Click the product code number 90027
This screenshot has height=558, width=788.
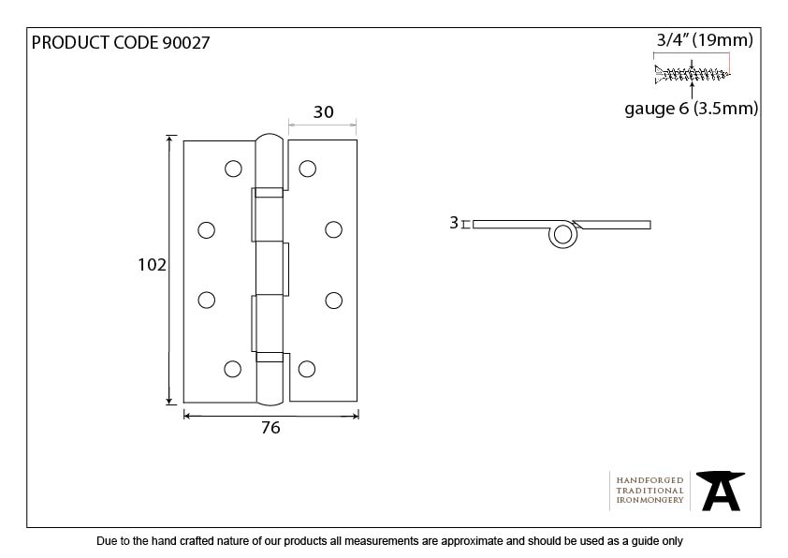(x=186, y=43)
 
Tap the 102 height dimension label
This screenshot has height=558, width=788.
(x=152, y=264)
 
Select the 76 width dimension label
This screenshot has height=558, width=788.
(x=270, y=428)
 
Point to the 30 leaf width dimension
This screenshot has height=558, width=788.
(x=323, y=112)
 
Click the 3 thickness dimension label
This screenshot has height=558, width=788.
(x=454, y=223)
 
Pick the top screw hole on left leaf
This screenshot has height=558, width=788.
(x=233, y=169)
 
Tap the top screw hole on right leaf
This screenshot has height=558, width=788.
(x=308, y=169)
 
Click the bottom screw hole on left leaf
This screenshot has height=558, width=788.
(x=232, y=369)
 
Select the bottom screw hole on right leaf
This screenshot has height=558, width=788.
(x=307, y=369)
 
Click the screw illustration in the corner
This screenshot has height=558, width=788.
(x=692, y=74)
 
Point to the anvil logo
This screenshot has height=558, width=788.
(x=721, y=491)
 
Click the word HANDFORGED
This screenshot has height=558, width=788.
(x=649, y=480)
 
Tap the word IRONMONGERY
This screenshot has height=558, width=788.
(x=649, y=500)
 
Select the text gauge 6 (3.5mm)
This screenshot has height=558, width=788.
(x=691, y=109)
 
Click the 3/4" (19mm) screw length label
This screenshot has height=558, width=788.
(x=705, y=40)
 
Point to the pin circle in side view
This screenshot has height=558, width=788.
(x=562, y=235)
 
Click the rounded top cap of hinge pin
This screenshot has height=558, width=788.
(x=270, y=139)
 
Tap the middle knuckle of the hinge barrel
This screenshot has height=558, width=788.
(x=272, y=269)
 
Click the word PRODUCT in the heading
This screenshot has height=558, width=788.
(x=70, y=43)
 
